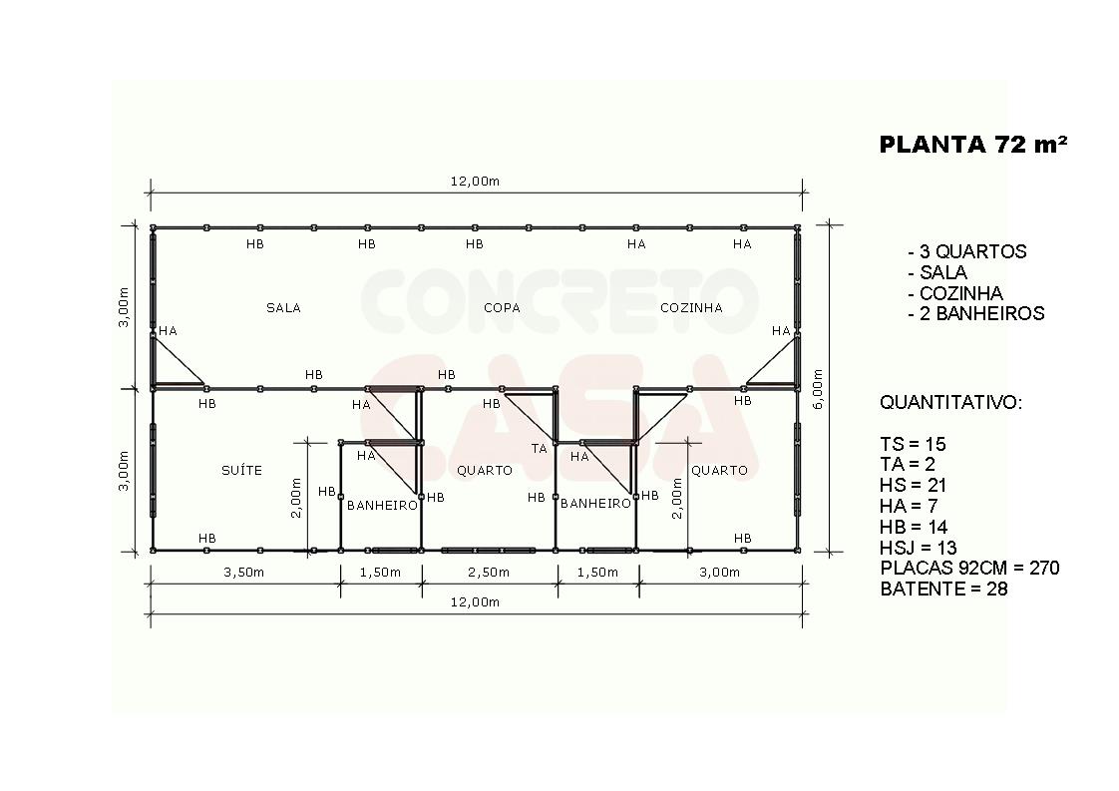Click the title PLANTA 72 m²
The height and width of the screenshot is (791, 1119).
tap(973, 145)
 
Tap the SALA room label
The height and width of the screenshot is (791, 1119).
tap(283, 307)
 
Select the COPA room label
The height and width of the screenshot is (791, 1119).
tap(502, 307)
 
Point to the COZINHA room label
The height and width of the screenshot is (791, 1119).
tap(691, 307)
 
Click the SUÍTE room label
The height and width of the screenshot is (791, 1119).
tap(242, 470)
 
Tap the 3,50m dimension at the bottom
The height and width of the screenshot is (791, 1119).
tap(244, 572)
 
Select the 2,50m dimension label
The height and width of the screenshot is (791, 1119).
tap(489, 572)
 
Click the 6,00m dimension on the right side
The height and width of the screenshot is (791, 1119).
tap(818, 388)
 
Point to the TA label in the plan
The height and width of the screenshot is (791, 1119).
tap(539, 448)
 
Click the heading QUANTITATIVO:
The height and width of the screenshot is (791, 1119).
tap(950, 403)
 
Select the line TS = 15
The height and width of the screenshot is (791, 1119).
tap(913, 444)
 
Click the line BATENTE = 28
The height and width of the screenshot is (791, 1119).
tap(943, 589)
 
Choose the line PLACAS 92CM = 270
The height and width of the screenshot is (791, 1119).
tap(969, 569)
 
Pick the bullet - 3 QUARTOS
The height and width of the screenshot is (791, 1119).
tap(967, 251)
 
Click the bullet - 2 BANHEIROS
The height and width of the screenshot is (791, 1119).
tap(976, 313)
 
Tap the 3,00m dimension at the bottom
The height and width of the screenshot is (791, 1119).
tap(719, 572)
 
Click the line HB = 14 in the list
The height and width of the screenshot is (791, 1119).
tap(914, 527)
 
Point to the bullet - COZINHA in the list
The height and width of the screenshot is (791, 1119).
tap(955, 293)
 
